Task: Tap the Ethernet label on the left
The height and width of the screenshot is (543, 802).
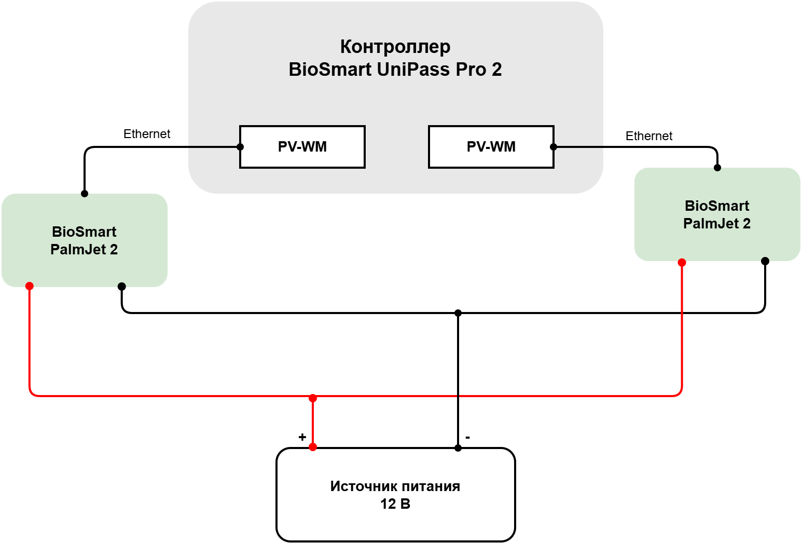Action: coord(147,134)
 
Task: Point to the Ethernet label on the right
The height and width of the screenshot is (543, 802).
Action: coord(649,136)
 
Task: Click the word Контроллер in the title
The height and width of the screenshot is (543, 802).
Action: coord(395,47)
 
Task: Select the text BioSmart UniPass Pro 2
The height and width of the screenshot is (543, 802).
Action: coord(395,70)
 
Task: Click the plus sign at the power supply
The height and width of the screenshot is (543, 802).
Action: coord(302,437)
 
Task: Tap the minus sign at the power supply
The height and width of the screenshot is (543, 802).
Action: coord(467,437)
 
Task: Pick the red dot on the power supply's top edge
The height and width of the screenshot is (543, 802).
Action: coord(313,447)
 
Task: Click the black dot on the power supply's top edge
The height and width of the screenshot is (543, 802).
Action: coord(458,447)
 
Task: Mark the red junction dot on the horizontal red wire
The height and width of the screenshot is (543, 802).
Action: coord(313,398)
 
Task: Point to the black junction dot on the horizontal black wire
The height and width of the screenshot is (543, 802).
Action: coord(458,313)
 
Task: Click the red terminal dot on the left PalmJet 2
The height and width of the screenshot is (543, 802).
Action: coord(30,286)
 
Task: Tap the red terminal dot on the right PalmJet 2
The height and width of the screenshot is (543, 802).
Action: coord(682,263)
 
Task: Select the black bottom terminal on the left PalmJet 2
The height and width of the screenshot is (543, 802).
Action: coord(122,287)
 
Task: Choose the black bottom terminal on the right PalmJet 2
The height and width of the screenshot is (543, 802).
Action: coord(765,261)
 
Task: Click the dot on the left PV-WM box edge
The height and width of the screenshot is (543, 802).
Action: coord(240,147)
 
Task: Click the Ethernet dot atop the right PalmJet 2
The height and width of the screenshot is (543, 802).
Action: coord(717,168)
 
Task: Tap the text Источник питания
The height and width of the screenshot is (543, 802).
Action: coord(395,486)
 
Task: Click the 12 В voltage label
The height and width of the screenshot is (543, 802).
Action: coord(395,504)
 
